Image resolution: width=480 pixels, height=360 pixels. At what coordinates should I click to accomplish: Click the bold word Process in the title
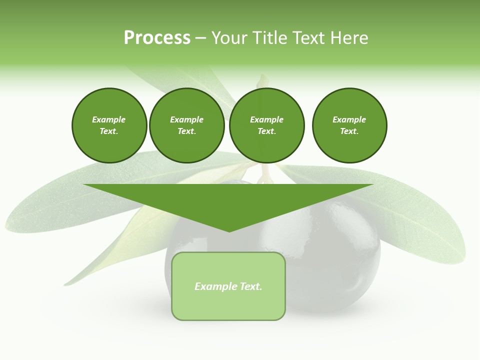coord(157,38)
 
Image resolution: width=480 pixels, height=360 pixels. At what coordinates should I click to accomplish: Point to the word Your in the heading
coord(229,38)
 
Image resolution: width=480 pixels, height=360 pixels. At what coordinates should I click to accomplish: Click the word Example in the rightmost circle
coord(349,119)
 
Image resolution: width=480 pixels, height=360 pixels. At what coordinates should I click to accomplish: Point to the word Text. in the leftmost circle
coord(109,131)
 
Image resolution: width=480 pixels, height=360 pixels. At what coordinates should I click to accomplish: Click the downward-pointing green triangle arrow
coord(228,200)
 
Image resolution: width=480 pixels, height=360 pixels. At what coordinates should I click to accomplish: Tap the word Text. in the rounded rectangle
coord(250,286)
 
